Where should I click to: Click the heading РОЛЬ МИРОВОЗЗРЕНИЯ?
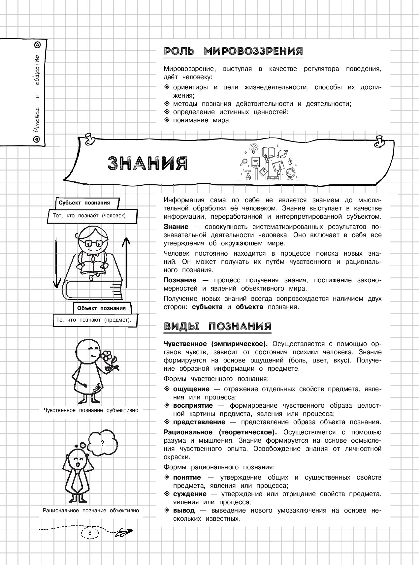[233, 51]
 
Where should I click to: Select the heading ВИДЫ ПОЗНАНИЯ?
[217, 327]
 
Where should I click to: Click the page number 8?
[89, 533]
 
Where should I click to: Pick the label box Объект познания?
[101, 308]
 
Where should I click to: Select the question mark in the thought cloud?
[102, 443]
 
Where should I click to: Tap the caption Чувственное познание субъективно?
[91, 410]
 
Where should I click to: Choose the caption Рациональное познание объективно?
[91, 511]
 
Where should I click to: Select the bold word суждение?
[190, 494]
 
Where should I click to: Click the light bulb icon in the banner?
[253, 147]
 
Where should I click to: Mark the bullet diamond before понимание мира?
[167, 120]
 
